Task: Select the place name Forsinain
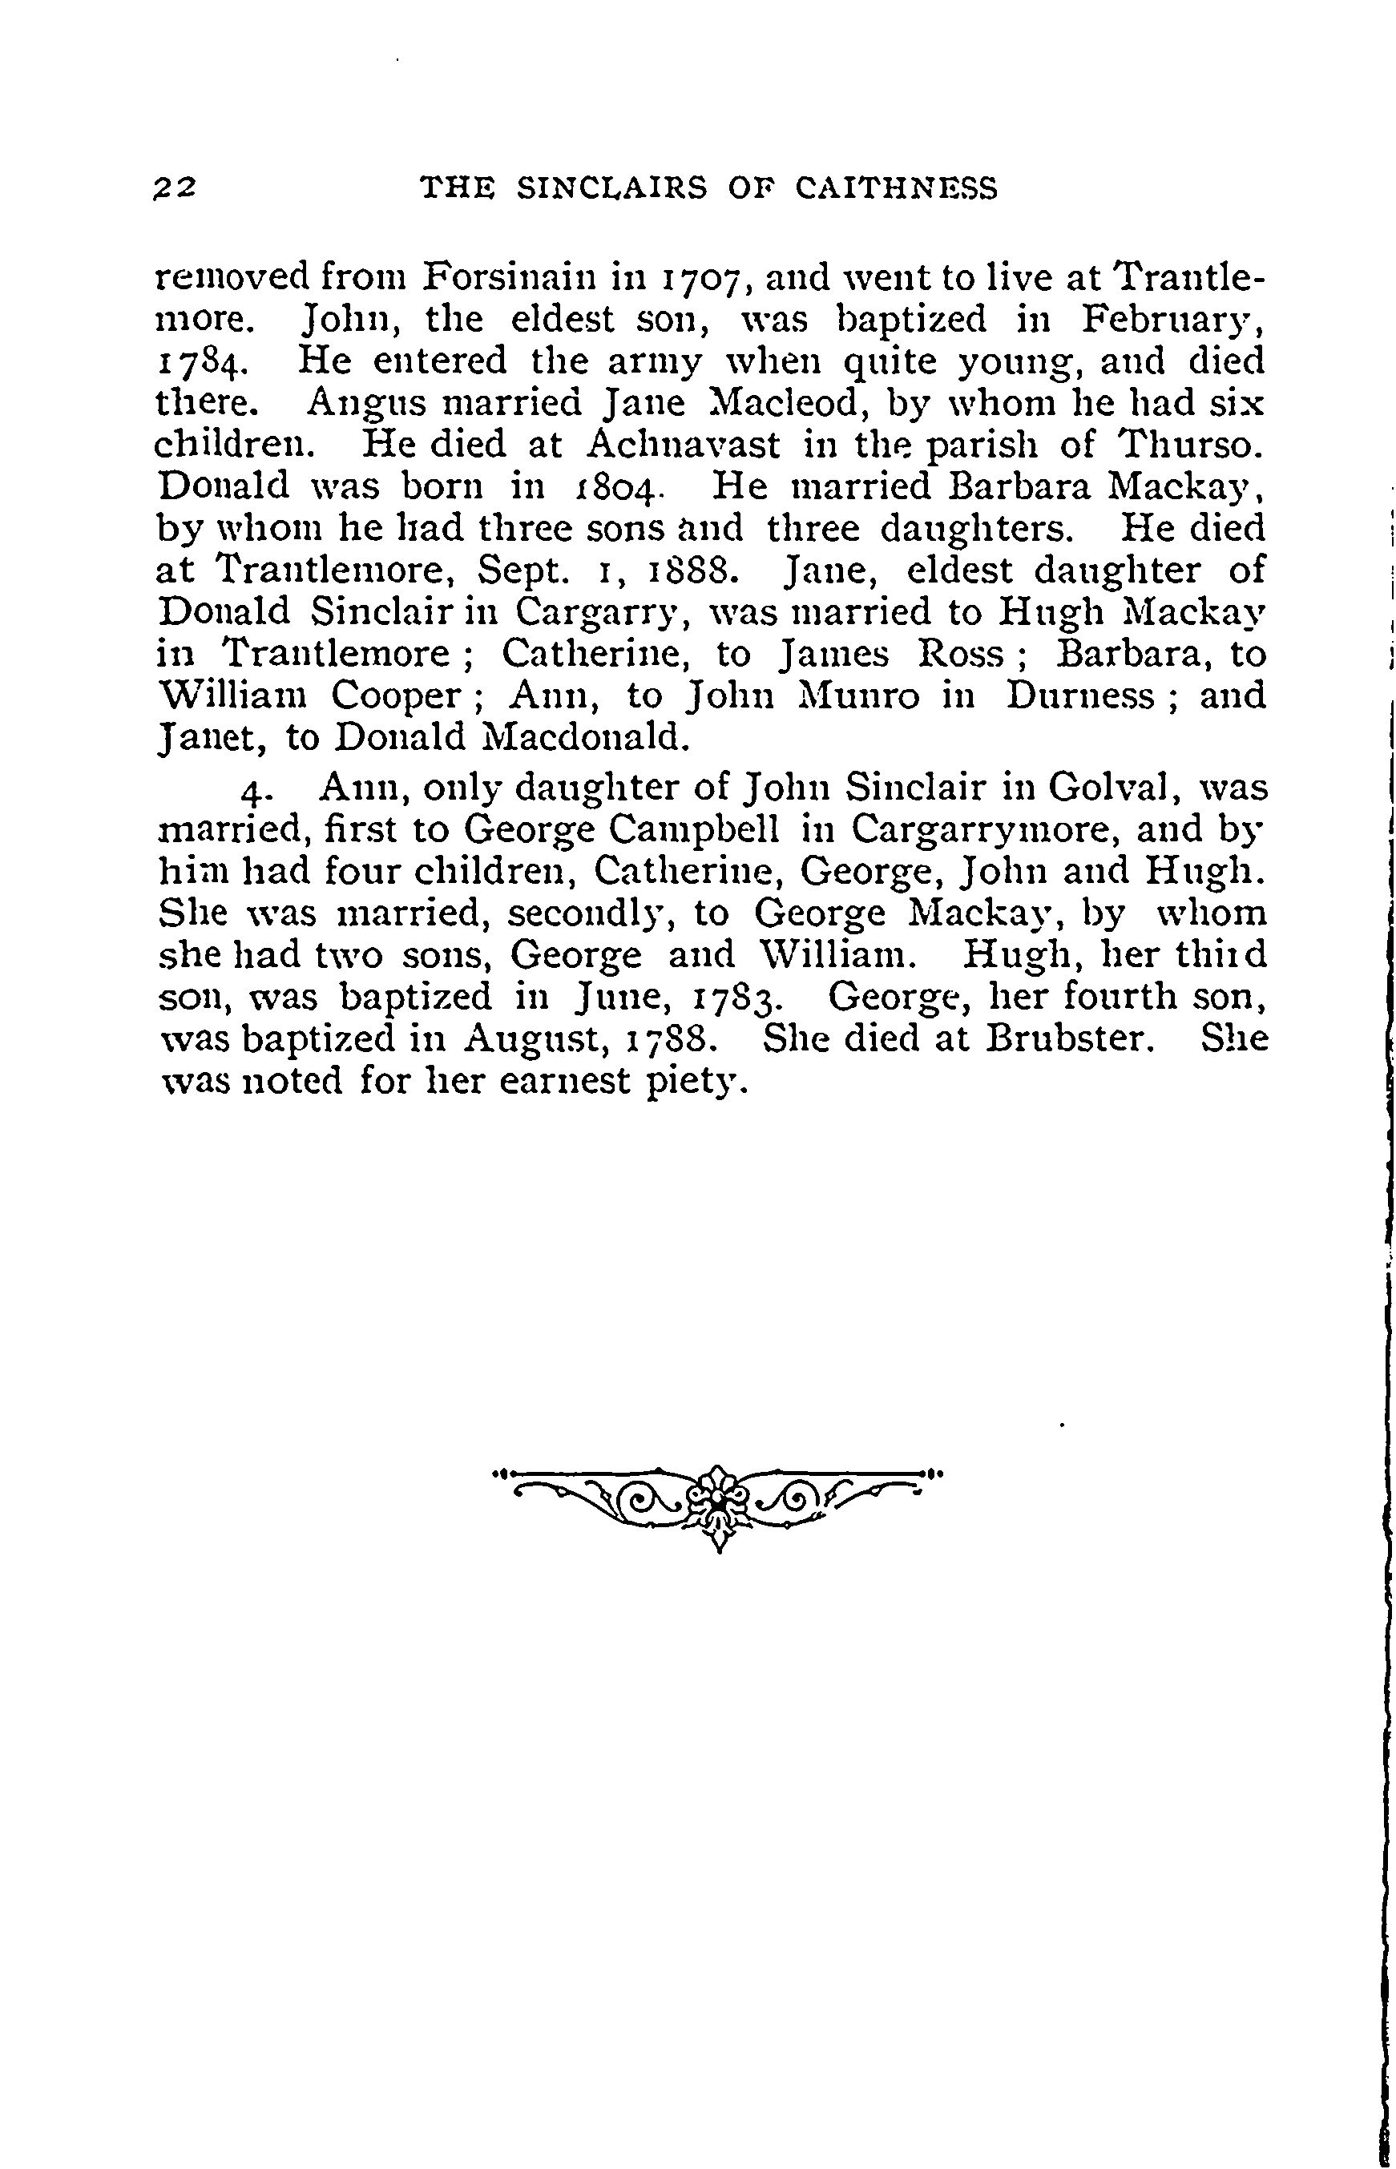(x=515, y=276)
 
